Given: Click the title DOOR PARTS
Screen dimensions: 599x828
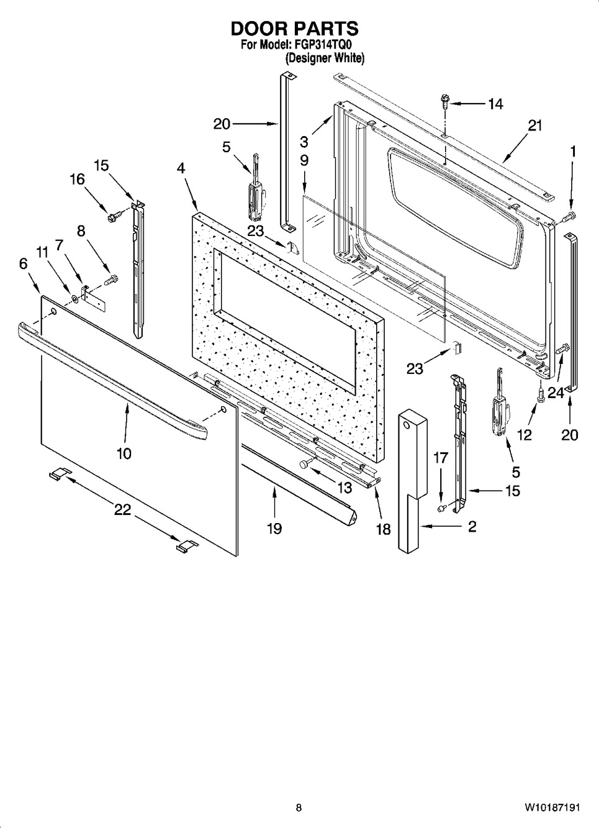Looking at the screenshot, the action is click(x=295, y=29).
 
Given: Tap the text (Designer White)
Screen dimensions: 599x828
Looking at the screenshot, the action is click(x=325, y=58).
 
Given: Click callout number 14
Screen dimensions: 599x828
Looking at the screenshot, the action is click(x=495, y=104).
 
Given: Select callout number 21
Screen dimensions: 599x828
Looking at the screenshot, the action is click(x=534, y=125).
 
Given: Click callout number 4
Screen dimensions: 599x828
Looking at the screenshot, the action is click(x=181, y=168).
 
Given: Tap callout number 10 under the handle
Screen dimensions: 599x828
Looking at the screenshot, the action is click(x=124, y=453).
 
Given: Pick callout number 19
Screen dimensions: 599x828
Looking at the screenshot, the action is click(x=274, y=529).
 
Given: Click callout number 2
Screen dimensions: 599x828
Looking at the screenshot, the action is click(x=472, y=526).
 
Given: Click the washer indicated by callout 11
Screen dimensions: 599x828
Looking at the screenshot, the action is click(x=74, y=298).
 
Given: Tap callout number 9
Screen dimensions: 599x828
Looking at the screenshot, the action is click(x=304, y=161).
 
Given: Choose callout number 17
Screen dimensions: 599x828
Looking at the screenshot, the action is click(x=440, y=458).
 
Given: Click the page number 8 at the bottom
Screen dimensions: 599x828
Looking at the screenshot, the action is click(x=299, y=816).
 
